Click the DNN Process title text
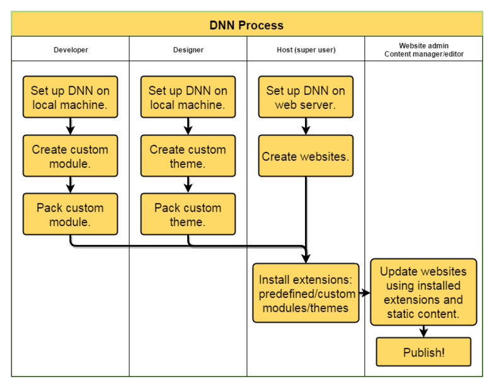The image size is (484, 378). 246,25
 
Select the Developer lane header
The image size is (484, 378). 71,49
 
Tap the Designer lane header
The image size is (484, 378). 188,49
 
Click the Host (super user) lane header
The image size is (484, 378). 306,49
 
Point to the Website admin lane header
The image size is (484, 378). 423,49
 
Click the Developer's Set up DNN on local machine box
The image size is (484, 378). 70,98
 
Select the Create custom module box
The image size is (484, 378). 70,156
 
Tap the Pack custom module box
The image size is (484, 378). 70,214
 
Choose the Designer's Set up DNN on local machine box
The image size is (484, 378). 188,98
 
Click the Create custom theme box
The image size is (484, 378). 188,156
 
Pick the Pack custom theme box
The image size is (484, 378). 188,214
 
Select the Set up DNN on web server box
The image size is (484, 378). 306,98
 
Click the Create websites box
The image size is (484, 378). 306,156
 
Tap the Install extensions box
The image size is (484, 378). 306,293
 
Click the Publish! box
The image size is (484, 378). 423,352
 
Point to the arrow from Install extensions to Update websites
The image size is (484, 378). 364,293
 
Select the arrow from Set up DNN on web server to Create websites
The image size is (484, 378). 306,127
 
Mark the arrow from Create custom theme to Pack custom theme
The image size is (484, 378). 188,185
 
